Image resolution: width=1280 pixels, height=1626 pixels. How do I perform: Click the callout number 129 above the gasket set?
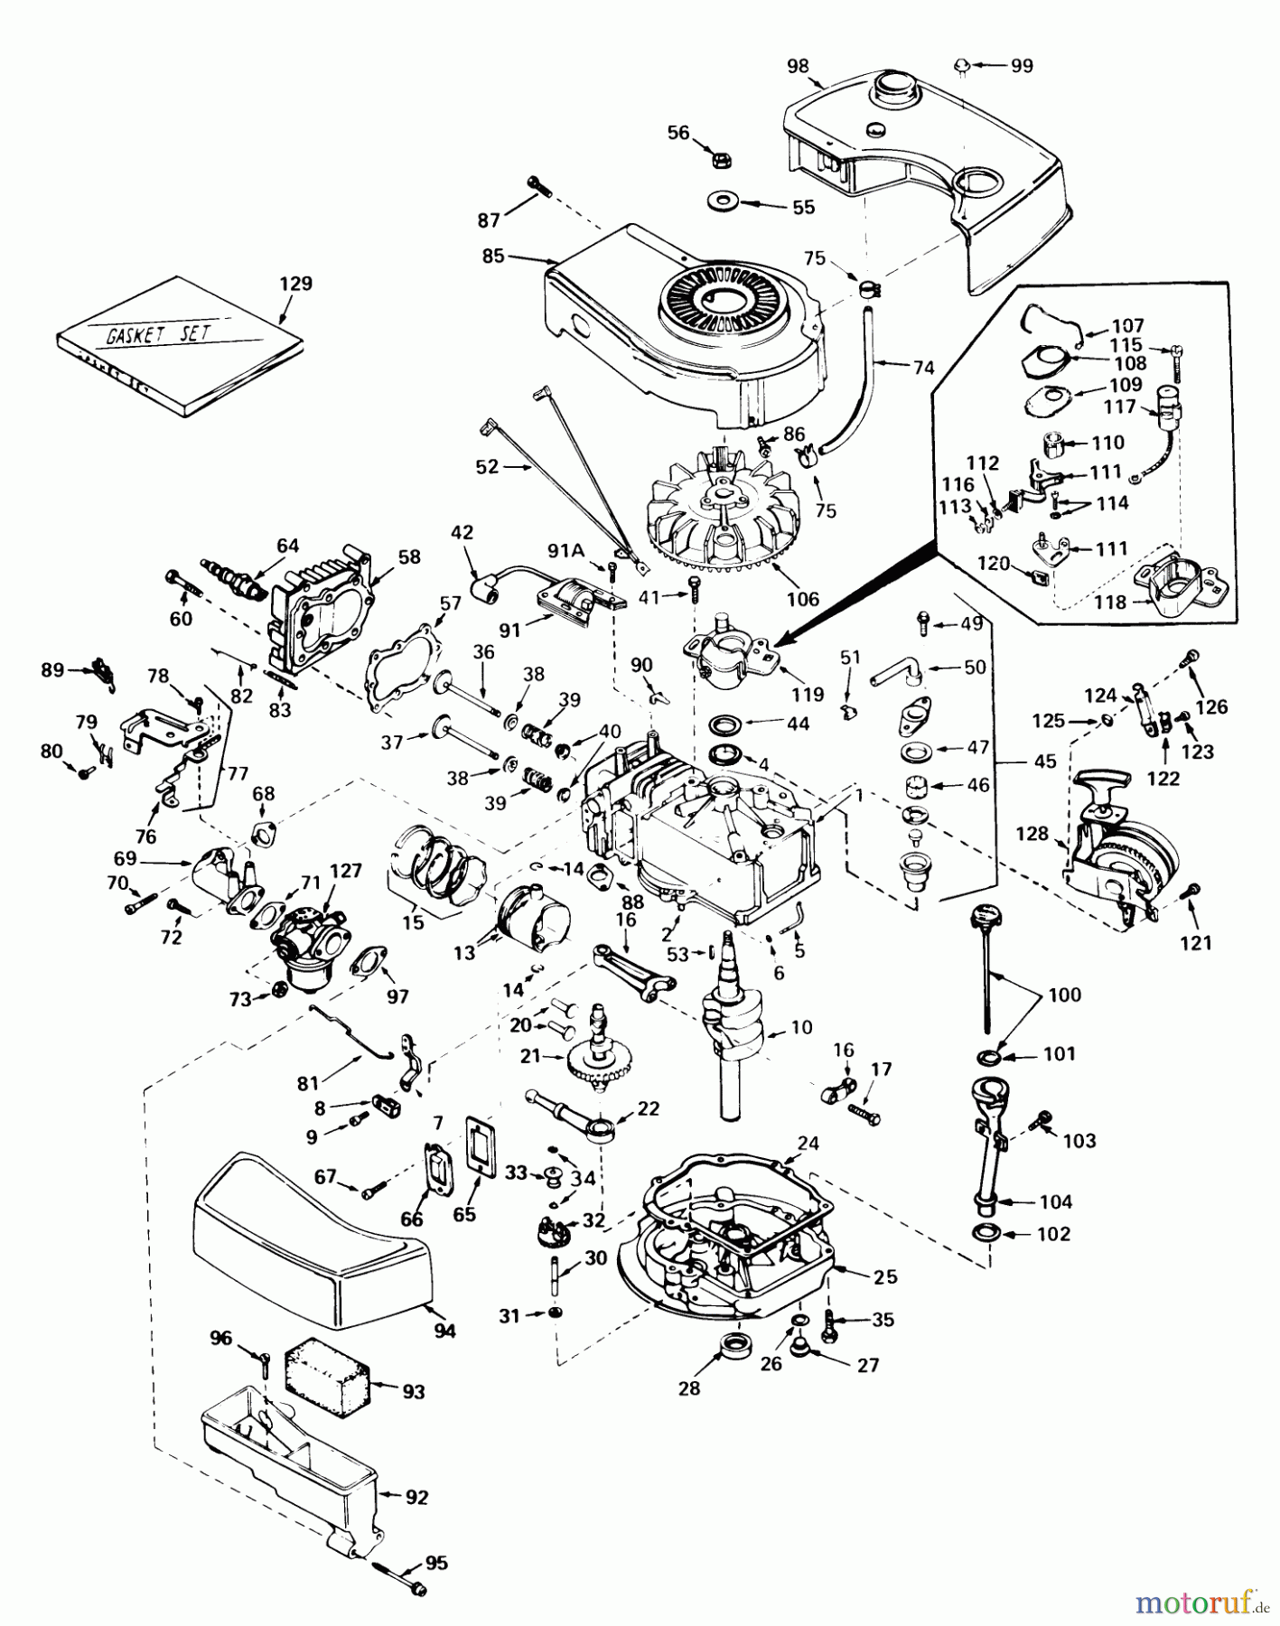click(294, 284)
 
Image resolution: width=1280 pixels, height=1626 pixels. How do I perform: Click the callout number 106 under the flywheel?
click(802, 598)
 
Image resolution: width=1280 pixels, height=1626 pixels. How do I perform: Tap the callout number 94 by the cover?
click(444, 1330)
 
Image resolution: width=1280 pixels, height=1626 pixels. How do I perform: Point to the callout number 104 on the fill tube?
click(1055, 1201)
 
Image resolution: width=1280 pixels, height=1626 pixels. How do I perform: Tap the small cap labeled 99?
click(963, 65)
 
